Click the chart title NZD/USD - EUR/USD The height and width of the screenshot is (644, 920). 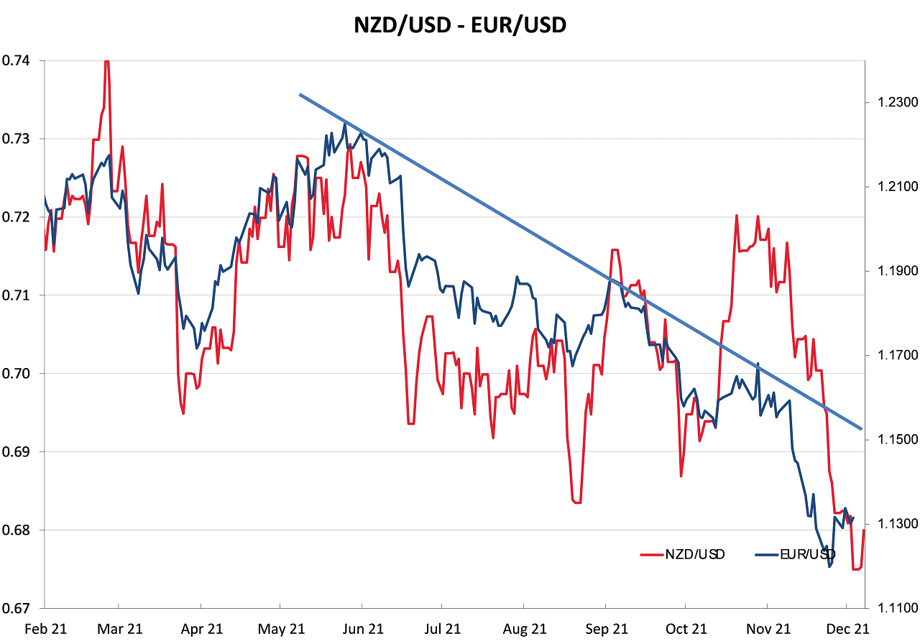point(460,26)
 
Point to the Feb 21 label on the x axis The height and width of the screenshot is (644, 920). point(45,629)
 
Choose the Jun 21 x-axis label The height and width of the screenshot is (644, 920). point(363,629)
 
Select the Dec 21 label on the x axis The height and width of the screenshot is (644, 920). point(849,629)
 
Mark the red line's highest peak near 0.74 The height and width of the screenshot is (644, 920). point(106,61)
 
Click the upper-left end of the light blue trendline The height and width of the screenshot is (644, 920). point(300,94)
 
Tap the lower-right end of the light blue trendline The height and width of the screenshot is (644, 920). point(861,429)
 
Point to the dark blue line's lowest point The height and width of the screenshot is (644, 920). point(830,566)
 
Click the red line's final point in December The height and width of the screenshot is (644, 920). point(863,530)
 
